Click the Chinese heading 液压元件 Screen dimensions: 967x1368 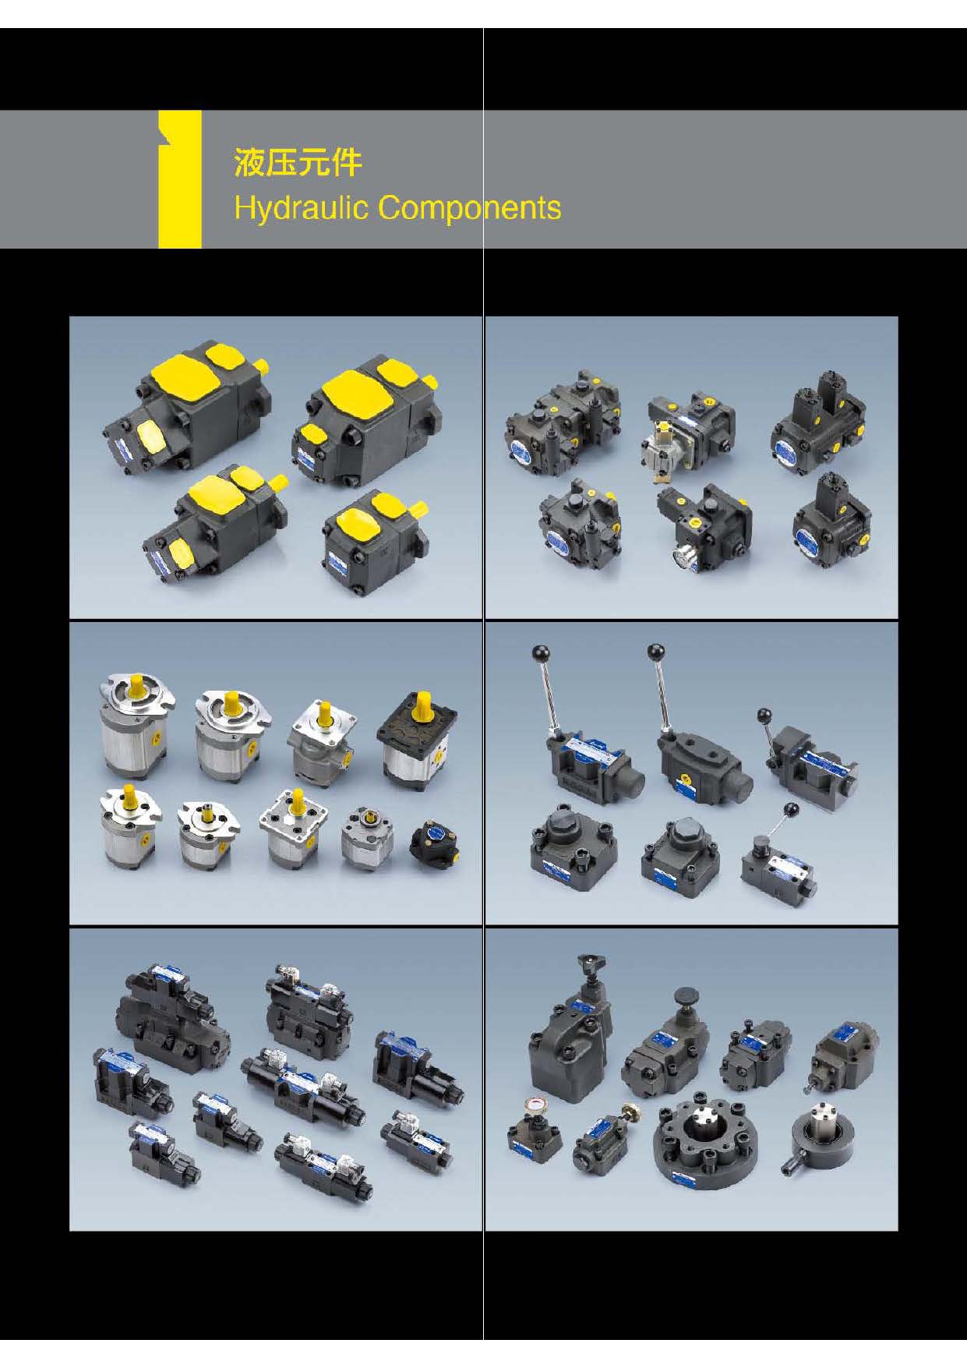[298, 164]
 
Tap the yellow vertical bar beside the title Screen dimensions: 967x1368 [180, 179]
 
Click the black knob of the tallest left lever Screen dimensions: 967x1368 [537, 651]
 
